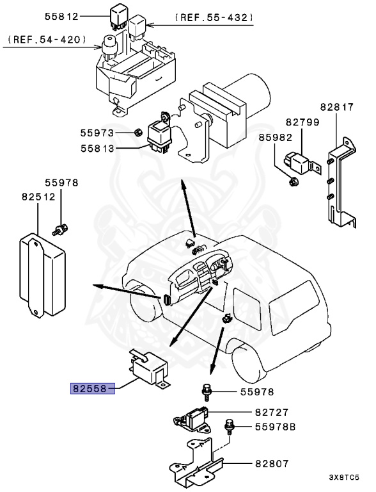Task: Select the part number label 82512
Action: (x=37, y=197)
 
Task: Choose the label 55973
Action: (x=97, y=133)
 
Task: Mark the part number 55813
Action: (x=97, y=151)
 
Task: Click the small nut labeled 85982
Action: (x=294, y=181)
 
